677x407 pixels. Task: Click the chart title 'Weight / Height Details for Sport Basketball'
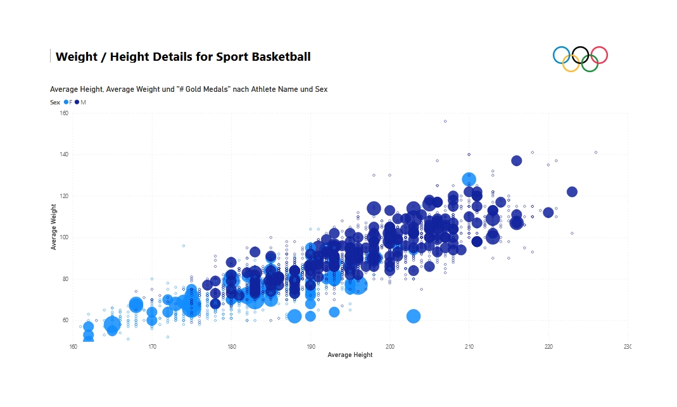tap(183, 57)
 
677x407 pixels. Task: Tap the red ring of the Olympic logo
tap(598, 56)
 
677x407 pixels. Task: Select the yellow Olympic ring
tap(571, 63)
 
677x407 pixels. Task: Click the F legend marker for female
tap(66, 102)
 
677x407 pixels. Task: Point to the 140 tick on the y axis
tap(64, 154)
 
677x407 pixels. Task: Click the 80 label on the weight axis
tap(64, 279)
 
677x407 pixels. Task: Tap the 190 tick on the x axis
tap(311, 346)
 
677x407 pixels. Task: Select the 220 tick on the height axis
tap(548, 346)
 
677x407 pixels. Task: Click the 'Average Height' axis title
tap(350, 355)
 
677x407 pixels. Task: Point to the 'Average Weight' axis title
tap(54, 227)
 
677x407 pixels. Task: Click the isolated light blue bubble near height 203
tap(414, 316)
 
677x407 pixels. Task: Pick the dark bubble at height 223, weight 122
tap(572, 192)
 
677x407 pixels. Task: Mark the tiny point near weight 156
tap(445, 121)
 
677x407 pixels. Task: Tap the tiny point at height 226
tap(596, 153)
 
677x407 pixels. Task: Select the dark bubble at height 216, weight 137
tap(517, 161)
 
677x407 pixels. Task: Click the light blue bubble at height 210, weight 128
tap(469, 179)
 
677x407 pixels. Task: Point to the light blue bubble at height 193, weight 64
tap(334, 312)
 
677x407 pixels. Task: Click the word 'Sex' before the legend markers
tap(55, 102)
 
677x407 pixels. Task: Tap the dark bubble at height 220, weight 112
tap(548, 213)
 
